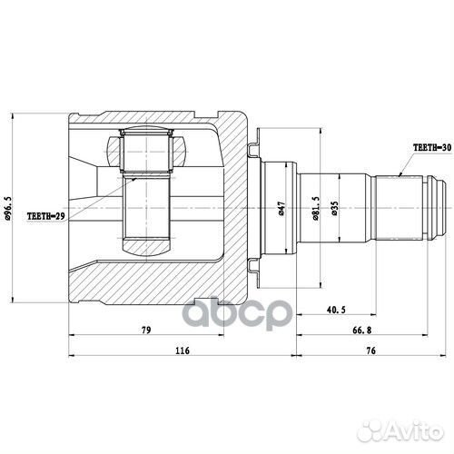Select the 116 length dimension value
182,350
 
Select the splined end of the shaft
403,209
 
